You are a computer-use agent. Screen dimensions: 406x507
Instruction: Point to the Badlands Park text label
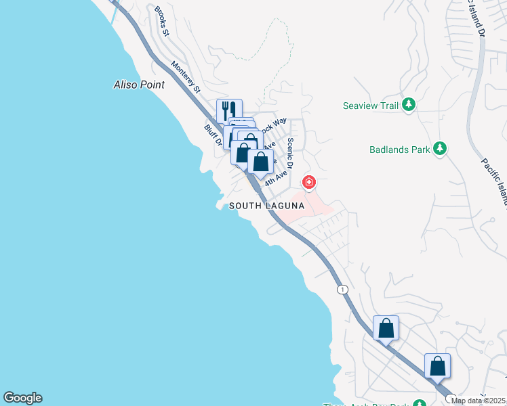tap(400, 150)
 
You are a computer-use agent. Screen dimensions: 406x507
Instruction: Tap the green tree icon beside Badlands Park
tap(439, 148)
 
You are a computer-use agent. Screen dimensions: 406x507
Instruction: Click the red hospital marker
tap(309, 181)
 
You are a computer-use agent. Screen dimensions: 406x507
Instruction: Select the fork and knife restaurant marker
tap(229, 110)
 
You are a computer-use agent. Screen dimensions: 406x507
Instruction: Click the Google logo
tap(22, 398)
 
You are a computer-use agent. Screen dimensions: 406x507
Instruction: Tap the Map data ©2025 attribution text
tap(479, 401)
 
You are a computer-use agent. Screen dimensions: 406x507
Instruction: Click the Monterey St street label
tap(186, 77)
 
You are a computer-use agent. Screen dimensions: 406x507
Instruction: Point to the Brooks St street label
tap(160, 21)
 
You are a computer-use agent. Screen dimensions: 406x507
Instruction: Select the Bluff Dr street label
tap(212, 134)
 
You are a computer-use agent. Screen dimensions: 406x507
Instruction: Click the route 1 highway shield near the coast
tap(342, 290)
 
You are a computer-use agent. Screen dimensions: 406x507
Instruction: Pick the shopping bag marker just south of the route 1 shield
tap(386, 328)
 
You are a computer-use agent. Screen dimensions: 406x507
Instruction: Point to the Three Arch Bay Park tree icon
tap(420, 404)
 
